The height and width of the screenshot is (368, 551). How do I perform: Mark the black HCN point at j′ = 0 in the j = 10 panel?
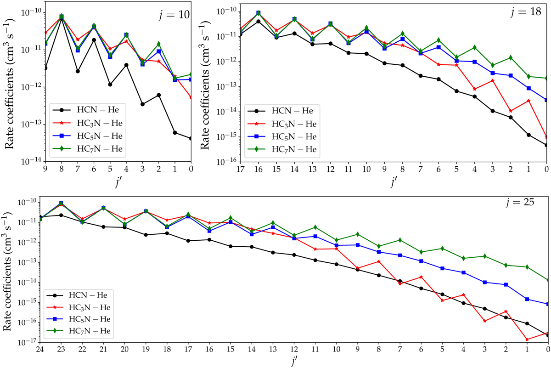click(x=191, y=138)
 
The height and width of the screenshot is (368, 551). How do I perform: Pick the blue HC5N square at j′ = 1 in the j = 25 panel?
click(x=527, y=299)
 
